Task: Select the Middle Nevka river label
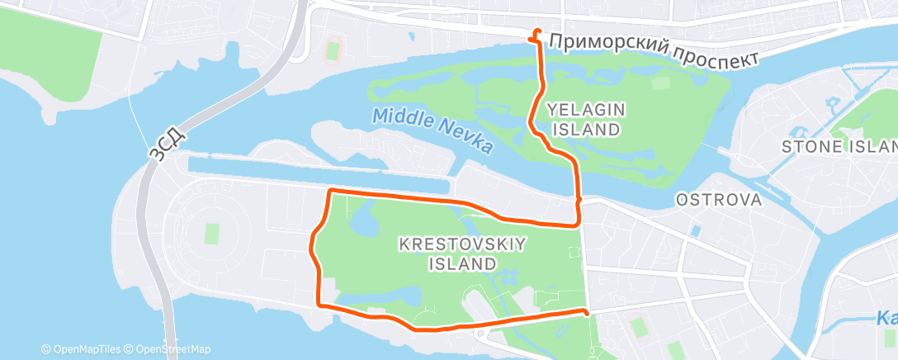tap(432, 130)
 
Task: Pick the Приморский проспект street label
tap(653, 50)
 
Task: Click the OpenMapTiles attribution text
tap(83, 349)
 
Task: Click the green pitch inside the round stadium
tap(212, 234)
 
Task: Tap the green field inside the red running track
tap(333, 50)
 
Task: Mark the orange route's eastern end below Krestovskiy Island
tap(586, 312)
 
